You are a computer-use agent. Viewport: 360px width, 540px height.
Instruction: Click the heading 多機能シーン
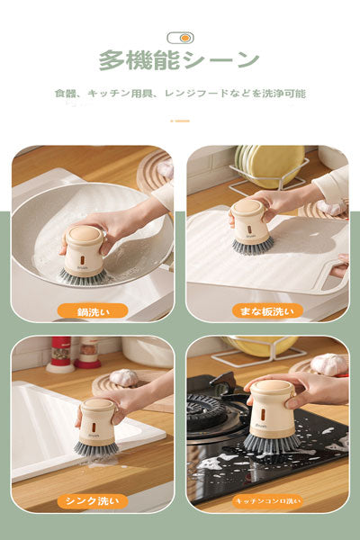point(179,61)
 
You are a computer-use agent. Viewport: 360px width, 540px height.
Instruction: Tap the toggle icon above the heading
point(180,38)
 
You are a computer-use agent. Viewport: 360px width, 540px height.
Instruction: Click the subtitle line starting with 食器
point(180,94)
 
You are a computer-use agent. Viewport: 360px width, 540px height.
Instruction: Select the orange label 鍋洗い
point(92,310)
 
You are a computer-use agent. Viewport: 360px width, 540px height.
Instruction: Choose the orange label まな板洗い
point(266,310)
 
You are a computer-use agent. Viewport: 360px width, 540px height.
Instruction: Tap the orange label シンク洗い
point(92,501)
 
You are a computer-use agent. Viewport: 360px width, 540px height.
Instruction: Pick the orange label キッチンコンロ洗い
point(267,501)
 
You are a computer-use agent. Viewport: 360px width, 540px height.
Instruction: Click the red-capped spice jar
point(59,354)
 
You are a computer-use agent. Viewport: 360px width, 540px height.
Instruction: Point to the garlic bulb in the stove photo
point(328,364)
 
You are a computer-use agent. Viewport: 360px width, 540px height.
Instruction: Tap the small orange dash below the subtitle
point(180,120)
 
